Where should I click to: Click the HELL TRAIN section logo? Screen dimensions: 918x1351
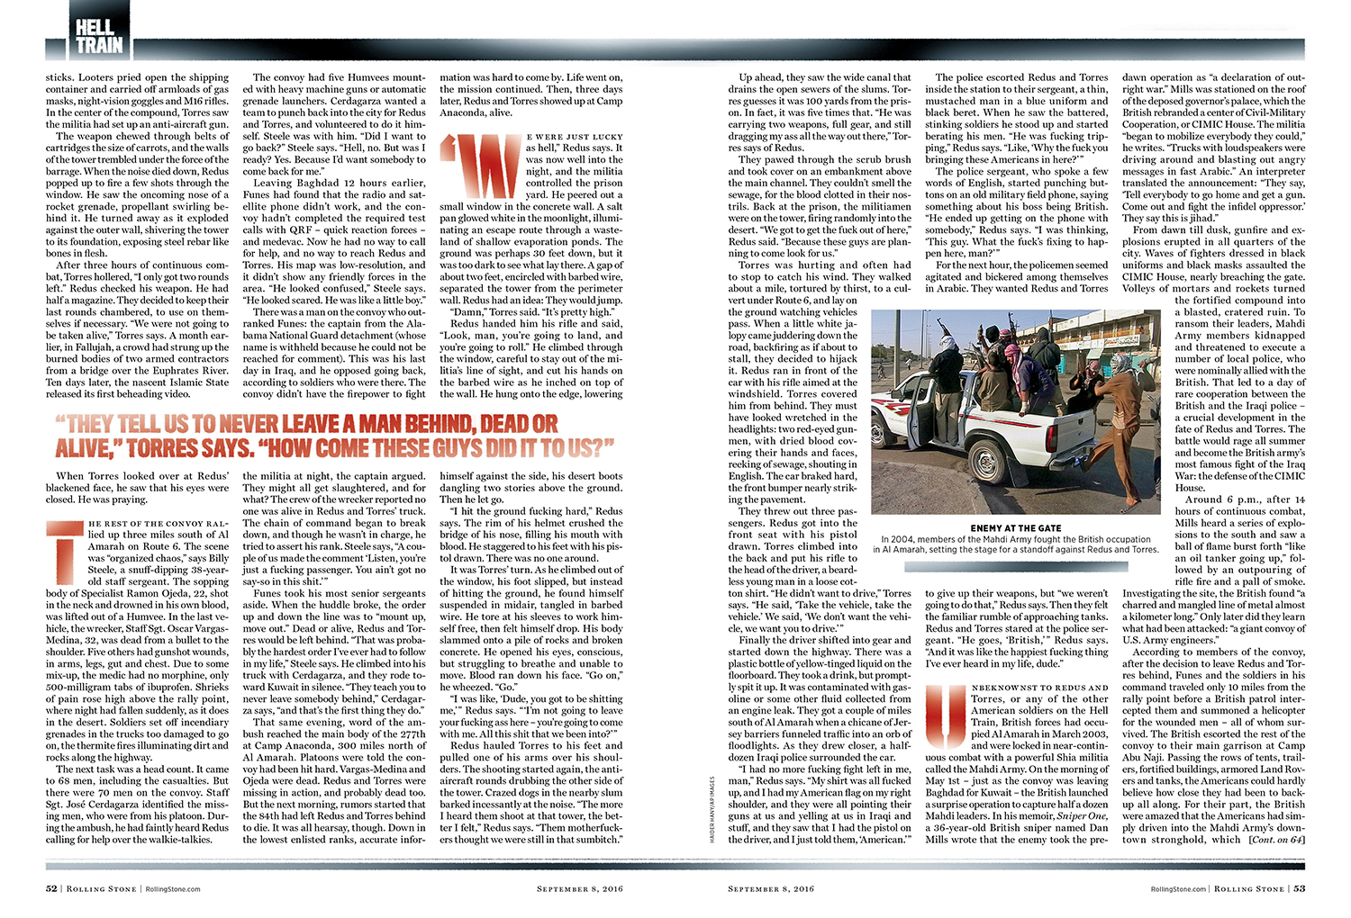tap(98, 34)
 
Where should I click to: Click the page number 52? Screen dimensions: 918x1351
tap(51, 888)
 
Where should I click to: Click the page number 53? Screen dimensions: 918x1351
tap(1299, 888)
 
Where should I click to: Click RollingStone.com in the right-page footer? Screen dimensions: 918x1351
tap(1178, 888)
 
